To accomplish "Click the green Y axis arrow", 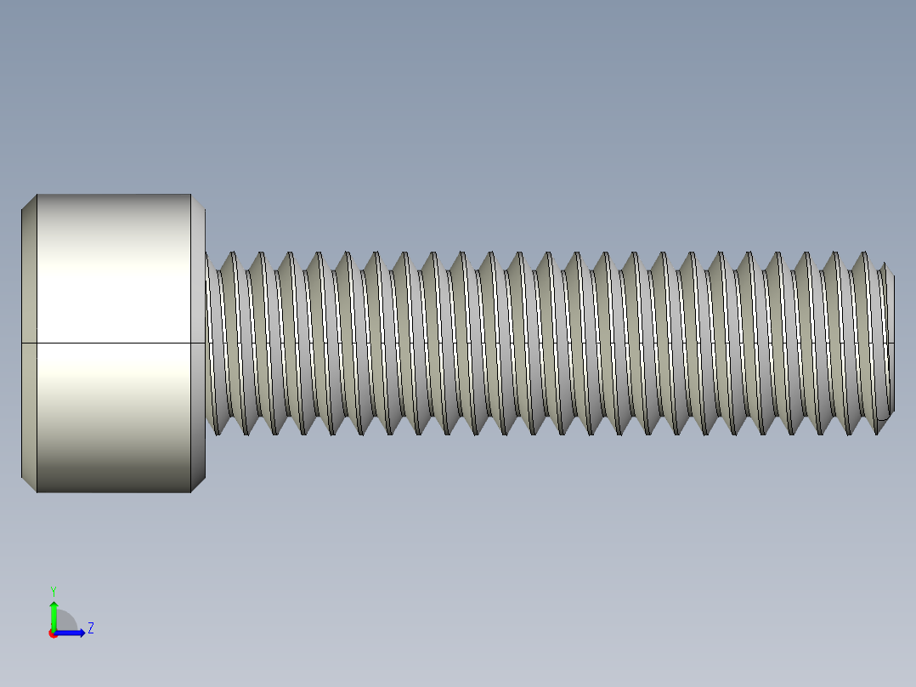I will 54,612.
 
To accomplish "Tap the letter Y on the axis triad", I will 54,590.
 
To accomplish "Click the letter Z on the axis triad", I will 90,628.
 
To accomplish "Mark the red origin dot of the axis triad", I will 54,633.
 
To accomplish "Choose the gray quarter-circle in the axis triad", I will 65,622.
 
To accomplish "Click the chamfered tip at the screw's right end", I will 890,343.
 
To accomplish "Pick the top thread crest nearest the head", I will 232,253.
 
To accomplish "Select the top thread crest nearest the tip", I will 864,253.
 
